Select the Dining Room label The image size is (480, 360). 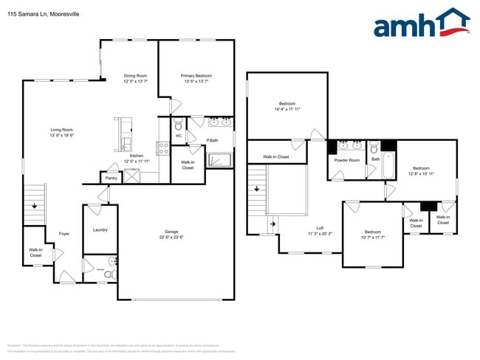(x=135, y=75)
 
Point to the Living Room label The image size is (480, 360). (x=61, y=130)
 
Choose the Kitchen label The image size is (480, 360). (x=137, y=156)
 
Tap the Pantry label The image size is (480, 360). (x=111, y=178)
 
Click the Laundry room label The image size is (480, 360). (x=100, y=229)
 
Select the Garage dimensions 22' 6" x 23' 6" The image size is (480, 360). (x=171, y=238)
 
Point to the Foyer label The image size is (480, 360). (x=64, y=234)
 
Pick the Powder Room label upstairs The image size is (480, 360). (x=346, y=160)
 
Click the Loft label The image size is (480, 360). (x=320, y=228)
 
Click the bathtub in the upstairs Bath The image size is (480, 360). (x=388, y=167)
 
